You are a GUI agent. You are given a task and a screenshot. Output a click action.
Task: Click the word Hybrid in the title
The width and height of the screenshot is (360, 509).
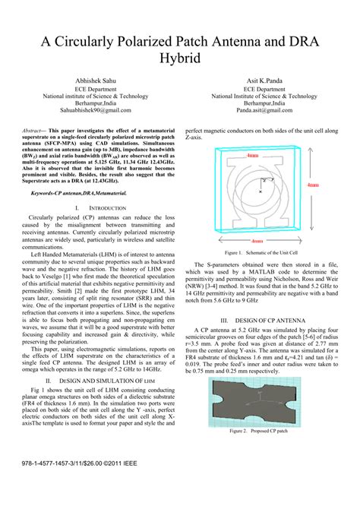point(179,58)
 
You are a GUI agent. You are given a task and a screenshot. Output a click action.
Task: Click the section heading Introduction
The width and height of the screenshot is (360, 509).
point(95,207)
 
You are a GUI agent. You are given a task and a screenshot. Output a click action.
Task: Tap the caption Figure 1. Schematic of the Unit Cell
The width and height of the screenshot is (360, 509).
point(262,251)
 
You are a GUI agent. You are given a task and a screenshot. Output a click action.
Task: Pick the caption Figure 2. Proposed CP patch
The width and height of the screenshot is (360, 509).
point(262,430)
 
